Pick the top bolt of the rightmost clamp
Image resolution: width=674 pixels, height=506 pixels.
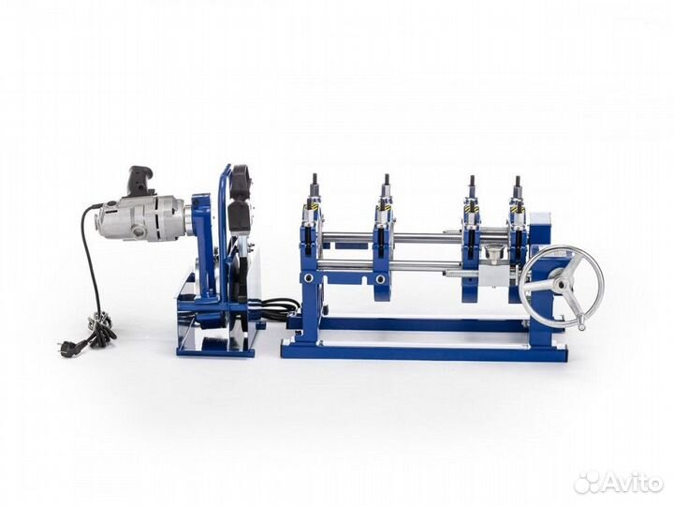[x=518, y=181]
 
